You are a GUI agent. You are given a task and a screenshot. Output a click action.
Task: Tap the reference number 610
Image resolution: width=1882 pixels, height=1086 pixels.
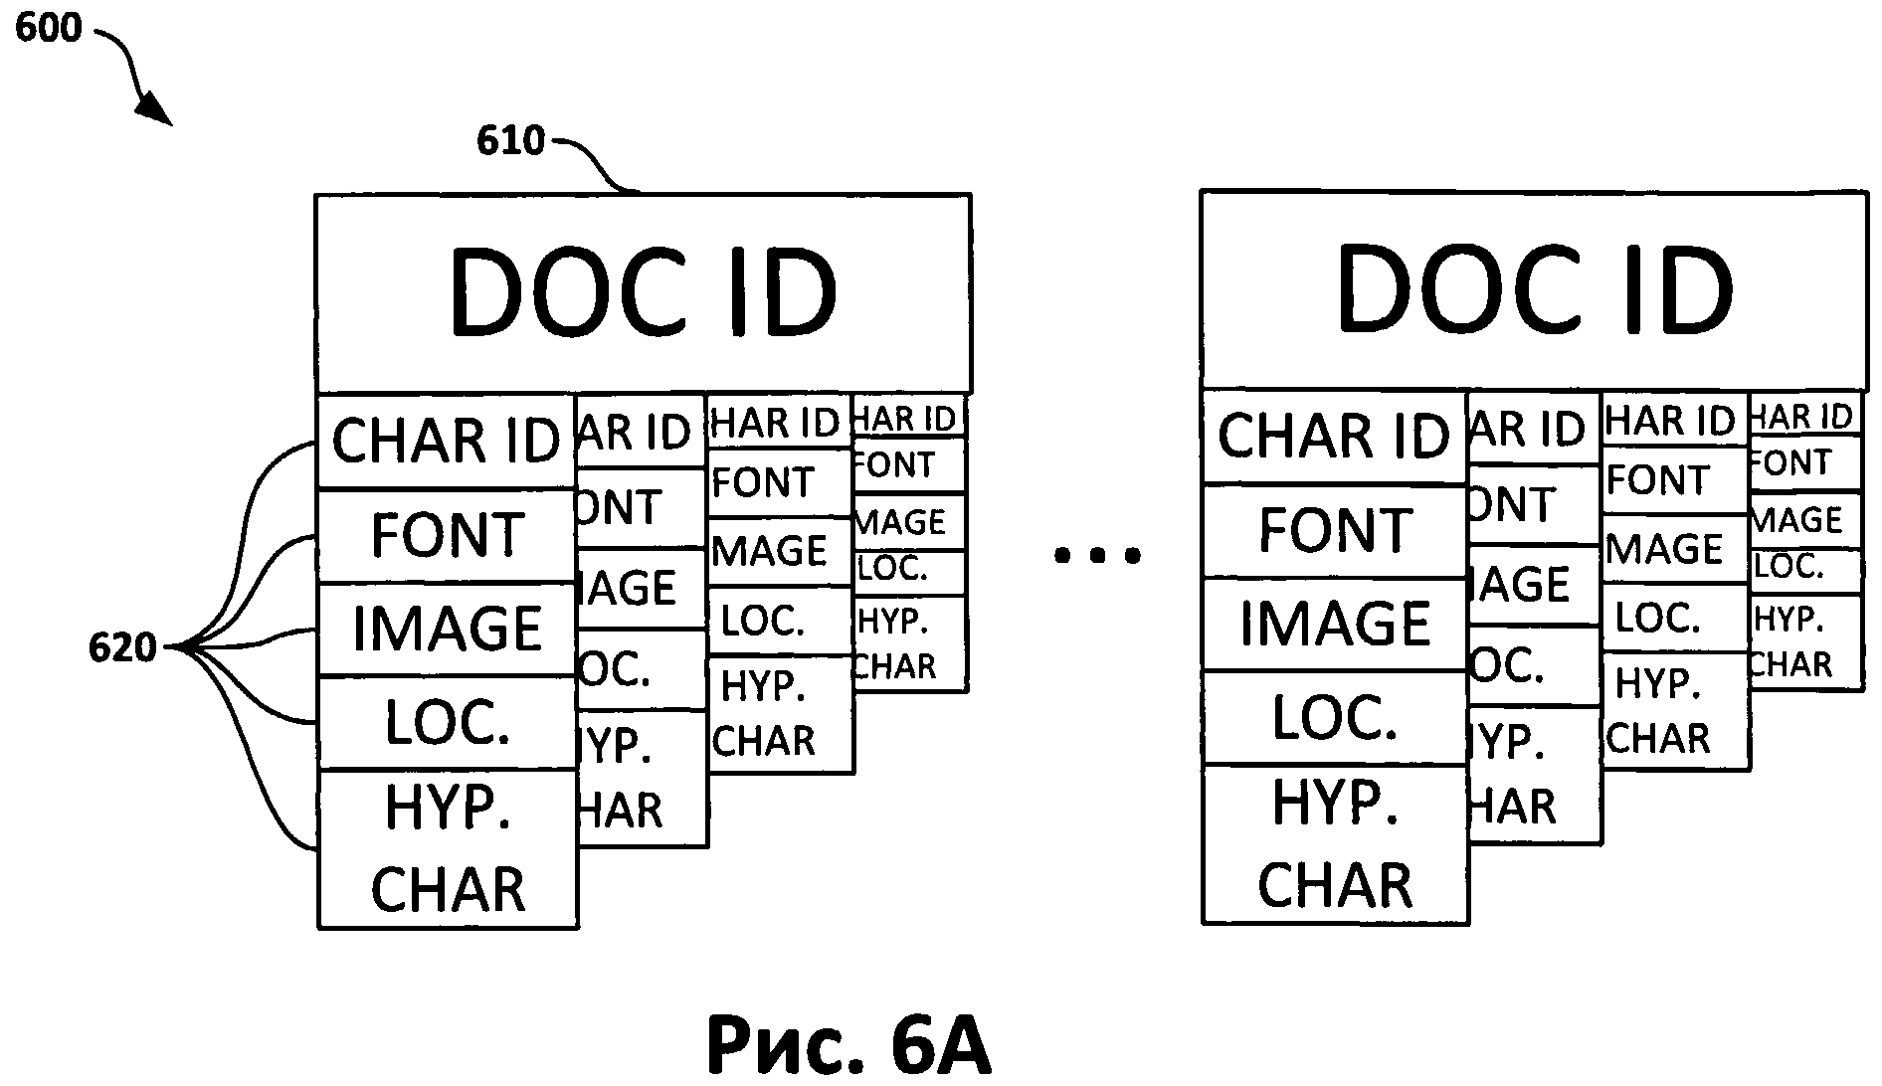point(510,141)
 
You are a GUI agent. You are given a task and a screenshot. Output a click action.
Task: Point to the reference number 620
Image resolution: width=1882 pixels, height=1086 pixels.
point(122,648)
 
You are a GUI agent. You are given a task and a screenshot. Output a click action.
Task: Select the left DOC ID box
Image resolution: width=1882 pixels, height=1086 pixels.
point(643,292)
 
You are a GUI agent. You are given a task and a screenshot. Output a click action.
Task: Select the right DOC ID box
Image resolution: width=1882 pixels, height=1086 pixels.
point(1533,289)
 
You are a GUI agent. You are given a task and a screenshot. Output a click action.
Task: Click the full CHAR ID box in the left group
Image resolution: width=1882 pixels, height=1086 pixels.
point(446,441)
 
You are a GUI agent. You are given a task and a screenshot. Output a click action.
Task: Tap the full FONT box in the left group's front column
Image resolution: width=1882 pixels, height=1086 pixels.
point(446,535)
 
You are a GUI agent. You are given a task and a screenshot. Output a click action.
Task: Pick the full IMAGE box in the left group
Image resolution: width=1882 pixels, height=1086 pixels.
point(446,629)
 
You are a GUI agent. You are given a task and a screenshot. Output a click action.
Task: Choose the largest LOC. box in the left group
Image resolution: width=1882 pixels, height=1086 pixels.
point(446,723)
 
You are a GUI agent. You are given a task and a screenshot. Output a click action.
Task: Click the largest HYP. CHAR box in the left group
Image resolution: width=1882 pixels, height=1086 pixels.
point(446,848)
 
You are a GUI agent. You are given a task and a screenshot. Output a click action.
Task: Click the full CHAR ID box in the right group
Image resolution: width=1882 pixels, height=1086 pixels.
point(1334,437)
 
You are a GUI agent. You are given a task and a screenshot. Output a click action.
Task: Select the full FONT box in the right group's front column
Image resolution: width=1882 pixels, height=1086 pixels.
point(1334,530)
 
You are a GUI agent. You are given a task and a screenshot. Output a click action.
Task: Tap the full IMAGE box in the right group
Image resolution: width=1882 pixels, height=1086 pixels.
point(1334,624)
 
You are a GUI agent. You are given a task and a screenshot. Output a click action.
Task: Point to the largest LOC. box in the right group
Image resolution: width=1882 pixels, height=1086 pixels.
point(1334,717)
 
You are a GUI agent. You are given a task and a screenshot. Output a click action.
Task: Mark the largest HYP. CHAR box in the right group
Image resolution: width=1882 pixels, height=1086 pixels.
point(1334,844)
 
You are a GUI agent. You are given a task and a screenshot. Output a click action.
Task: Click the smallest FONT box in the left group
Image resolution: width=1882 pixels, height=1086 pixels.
point(908,464)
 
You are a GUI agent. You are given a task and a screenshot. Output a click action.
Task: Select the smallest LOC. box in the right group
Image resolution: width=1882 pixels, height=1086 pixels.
point(1803,568)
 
